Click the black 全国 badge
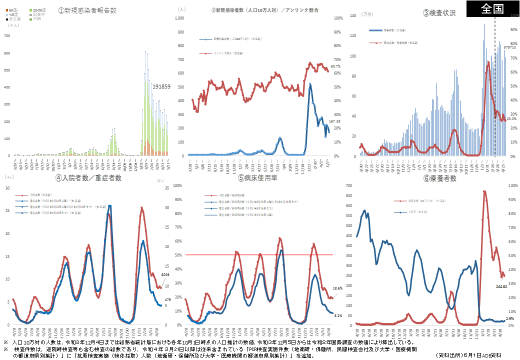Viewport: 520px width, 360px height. (x=492, y=9)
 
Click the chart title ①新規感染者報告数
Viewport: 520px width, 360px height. (x=87, y=10)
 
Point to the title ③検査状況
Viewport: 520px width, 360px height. (x=439, y=13)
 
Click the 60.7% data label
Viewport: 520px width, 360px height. (x=335, y=66)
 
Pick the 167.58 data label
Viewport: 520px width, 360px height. (x=335, y=121)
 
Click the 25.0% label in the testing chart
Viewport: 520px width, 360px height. (x=511, y=119)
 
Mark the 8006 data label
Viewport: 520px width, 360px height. (x=166, y=275)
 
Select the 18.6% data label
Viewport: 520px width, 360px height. (x=337, y=288)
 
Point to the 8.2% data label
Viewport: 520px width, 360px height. (x=338, y=316)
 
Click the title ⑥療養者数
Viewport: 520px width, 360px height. (x=439, y=178)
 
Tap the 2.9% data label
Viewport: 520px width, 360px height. (x=510, y=318)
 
